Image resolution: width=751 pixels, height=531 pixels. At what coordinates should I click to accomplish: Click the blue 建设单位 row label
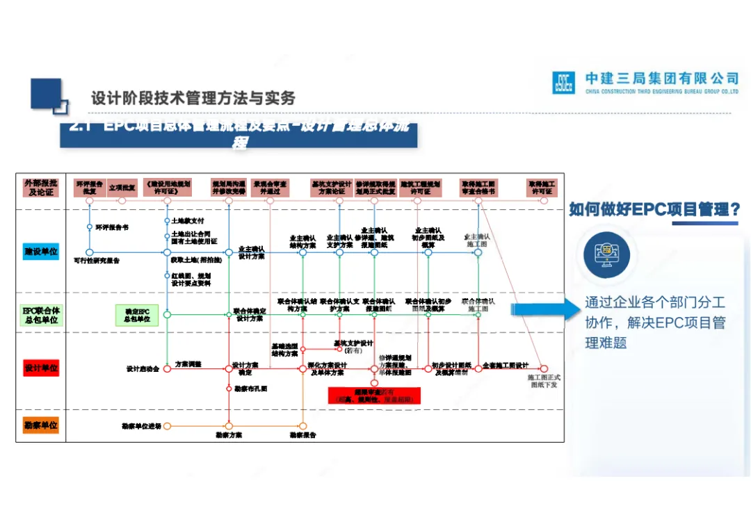click(x=40, y=252)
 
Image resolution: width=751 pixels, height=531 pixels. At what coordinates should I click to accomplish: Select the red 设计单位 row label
click(x=40, y=368)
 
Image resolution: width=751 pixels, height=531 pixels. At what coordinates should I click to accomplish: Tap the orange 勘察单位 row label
click(x=40, y=425)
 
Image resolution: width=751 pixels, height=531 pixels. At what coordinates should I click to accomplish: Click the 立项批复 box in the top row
click(x=122, y=188)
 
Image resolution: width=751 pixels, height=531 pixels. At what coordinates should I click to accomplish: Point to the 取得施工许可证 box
click(x=542, y=188)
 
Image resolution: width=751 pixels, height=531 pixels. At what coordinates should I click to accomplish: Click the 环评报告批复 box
click(x=90, y=188)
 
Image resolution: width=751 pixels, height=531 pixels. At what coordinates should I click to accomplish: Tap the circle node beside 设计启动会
click(x=167, y=369)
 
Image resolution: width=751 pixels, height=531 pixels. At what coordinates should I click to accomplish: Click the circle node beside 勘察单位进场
click(x=167, y=426)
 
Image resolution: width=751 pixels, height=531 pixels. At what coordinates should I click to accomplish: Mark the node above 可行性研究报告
click(x=90, y=252)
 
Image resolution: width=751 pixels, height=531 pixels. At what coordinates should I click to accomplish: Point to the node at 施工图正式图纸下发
click(x=544, y=369)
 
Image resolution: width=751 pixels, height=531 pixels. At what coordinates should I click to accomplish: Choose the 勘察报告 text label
click(x=303, y=436)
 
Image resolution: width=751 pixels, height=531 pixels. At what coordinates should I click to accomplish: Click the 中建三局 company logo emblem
click(x=563, y=82)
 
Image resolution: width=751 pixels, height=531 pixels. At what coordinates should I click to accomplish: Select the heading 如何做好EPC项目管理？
click(x=654, y=209)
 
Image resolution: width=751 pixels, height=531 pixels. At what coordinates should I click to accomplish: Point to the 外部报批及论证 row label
click(x=40, y=188)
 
